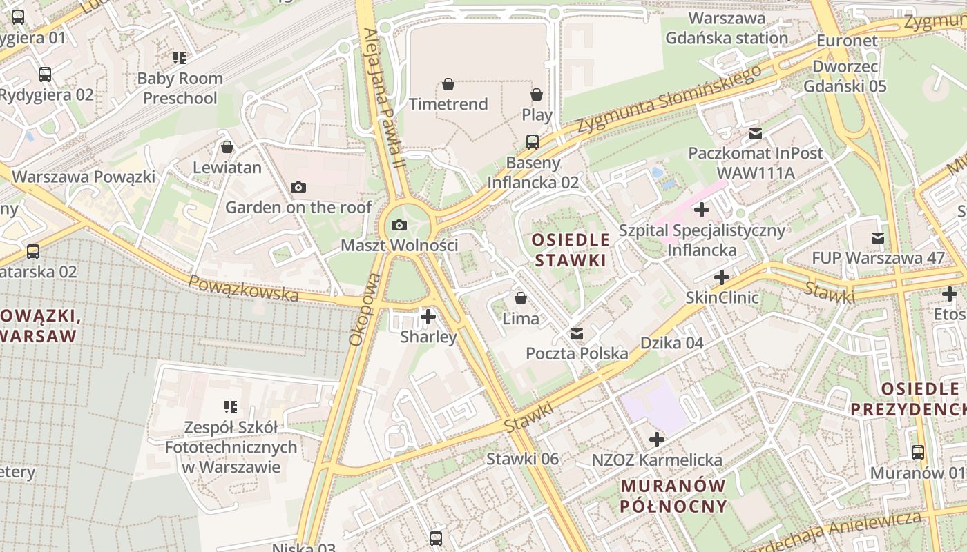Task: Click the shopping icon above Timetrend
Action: point(448,85)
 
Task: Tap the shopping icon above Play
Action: point(537,95)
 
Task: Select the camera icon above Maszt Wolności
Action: point(399,225)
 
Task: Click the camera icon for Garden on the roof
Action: point(298,187)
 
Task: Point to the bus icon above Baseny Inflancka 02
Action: point(533,142)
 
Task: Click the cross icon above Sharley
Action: point(428,317)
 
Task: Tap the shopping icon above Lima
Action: point(521,299)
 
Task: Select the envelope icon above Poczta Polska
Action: point(577,334)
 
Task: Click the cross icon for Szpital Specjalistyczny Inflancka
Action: point(702,210)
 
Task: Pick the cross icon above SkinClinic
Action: point(722,277)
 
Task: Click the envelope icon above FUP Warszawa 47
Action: point(878,238)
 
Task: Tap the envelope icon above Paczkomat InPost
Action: point(756,133)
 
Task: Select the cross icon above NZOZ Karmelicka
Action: point(657,440)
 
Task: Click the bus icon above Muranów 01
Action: point(918,453)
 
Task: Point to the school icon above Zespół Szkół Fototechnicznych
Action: point(231,407)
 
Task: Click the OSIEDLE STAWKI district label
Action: point(571,250)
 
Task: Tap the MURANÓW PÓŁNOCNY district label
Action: point(673,495)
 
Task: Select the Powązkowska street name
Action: point(243,288)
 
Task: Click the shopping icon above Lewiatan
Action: point(227,147)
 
